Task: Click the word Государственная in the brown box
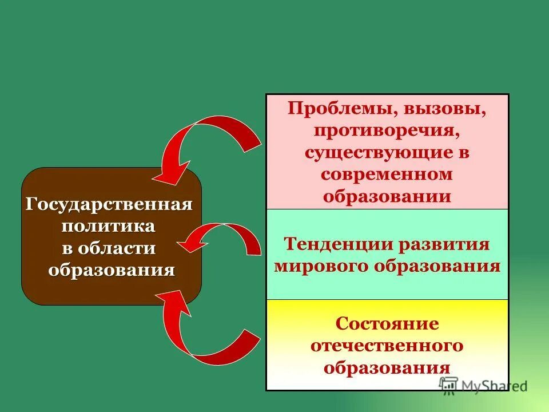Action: tap(109, 204)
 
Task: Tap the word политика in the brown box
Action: tap(109, 225)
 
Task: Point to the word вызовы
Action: tap(445, 109)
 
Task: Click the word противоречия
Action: tap(387, 130)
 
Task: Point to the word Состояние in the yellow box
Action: tap(387, 323)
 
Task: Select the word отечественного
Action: tap(387, 345)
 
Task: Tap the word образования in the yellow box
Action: tap(387, 367)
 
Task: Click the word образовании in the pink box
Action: tap(387, 196)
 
